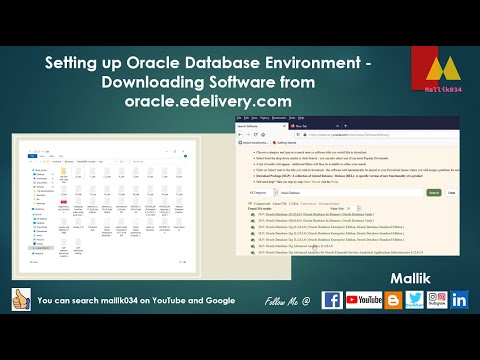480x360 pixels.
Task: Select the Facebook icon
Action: (332, 300)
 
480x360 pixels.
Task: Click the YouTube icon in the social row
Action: (367, 300)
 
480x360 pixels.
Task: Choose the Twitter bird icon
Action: (413, 300)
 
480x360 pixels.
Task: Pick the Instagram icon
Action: (437, 300)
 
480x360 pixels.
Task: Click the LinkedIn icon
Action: (460, 300)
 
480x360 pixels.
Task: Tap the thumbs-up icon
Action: (21, 300)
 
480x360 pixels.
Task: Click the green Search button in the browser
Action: (434, 192)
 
